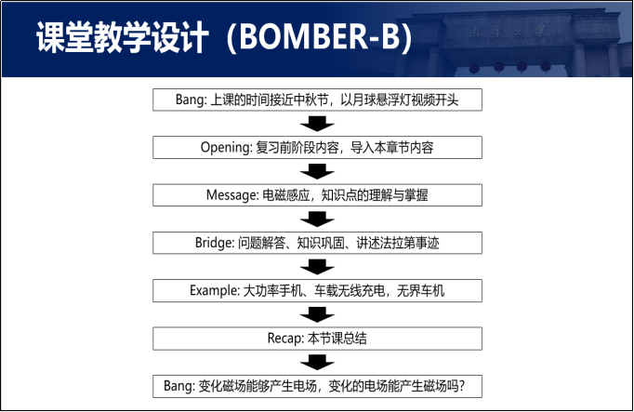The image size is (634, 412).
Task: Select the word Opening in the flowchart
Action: [x=224, y=147]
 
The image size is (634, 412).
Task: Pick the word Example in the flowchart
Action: [x=215, y=290]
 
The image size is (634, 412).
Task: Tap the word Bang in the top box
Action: [x=190, y=100]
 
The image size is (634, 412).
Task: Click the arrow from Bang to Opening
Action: [x=318, y=124]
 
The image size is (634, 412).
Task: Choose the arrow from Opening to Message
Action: [x=318, y=171]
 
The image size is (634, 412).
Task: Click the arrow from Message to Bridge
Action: [x=318, y=219]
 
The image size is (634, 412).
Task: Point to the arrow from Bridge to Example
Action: [x=318, y=267]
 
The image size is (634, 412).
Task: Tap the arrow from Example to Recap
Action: [x=318, y=314]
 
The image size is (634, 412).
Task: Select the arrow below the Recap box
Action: [x=318, y=362]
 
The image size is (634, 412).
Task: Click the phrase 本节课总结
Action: [x=332, y=338]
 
